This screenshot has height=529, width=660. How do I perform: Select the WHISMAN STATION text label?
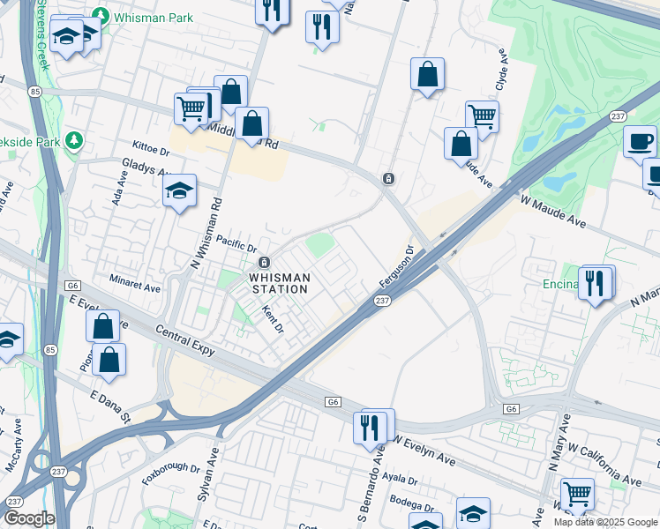(280, 283)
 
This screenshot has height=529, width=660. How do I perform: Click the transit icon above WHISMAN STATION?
(264, 263)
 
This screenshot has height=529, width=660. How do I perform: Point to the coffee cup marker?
(640, 141)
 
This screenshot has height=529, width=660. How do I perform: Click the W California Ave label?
(606, 473)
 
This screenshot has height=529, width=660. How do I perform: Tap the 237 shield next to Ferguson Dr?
(382, 302)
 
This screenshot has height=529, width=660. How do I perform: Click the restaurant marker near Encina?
(596, 283)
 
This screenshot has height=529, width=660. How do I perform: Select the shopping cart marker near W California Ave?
(577, 494)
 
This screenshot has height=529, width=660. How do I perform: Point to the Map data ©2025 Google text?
(604, 522)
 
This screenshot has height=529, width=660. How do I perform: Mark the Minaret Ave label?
(135, 287)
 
